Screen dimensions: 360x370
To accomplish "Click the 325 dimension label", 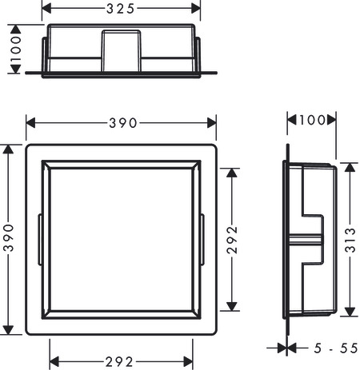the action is [121, 9].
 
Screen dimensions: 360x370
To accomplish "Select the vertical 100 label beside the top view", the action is [15, 49].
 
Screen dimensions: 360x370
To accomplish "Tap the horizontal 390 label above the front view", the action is [123, 123].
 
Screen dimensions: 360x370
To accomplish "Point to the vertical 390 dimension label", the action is [8, 238].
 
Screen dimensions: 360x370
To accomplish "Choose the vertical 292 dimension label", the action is [232, 240].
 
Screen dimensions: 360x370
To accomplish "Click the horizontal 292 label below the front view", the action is [119, 362].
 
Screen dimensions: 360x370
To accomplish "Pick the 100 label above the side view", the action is [312, 120].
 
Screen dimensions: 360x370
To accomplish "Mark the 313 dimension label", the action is [350, 240].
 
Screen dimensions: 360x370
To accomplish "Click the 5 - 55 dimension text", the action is [335, 348].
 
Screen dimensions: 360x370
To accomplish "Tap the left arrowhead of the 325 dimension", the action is [46, 9].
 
